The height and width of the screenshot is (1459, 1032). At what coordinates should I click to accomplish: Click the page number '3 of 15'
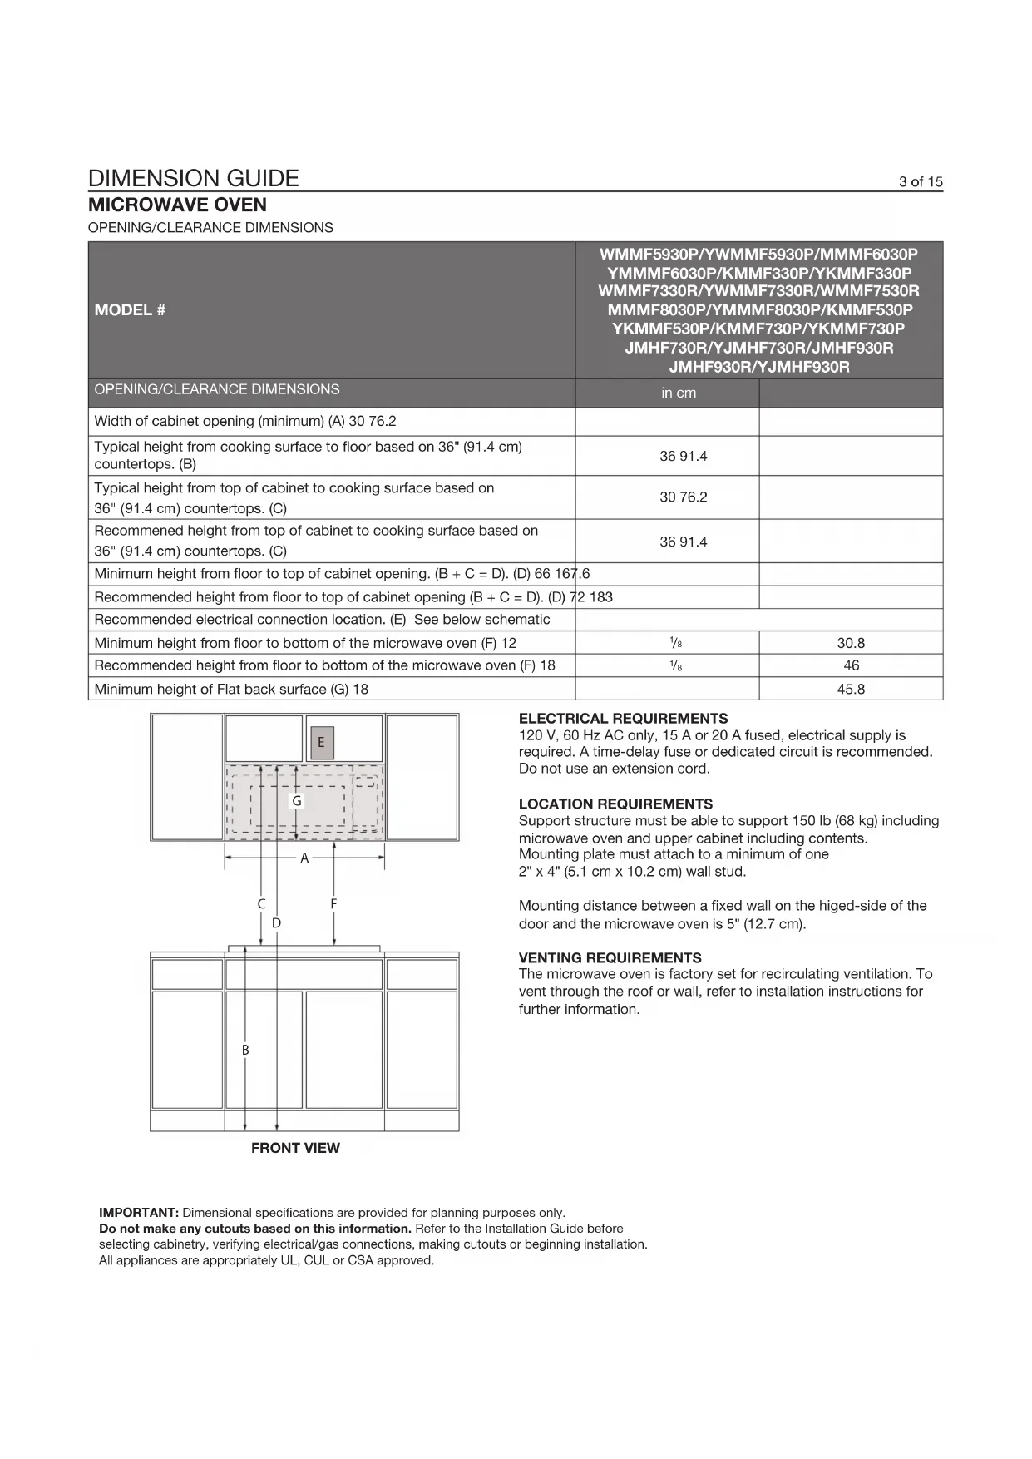921,182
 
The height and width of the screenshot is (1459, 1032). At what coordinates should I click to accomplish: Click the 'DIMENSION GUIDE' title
193,178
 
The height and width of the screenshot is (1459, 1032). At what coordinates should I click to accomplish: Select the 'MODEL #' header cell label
130,310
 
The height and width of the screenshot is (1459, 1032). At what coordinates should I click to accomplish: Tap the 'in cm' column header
679,393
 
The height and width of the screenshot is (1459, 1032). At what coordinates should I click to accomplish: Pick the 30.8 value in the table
851,643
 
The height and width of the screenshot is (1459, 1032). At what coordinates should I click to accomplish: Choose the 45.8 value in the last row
851,689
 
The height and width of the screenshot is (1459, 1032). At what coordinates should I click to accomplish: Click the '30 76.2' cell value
683,497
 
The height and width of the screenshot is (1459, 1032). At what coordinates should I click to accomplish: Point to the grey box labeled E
321,742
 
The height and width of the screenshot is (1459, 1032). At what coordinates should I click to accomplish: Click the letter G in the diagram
297,800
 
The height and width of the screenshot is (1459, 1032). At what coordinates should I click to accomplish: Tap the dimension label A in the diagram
304,858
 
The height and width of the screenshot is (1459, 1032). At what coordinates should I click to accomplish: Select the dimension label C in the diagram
261,903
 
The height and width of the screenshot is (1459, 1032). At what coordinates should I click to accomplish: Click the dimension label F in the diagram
333,903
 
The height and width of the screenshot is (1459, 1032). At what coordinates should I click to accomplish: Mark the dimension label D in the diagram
276,922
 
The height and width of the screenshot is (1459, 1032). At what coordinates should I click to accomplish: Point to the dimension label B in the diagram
245,1051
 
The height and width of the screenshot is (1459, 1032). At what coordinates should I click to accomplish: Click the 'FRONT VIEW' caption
295,1148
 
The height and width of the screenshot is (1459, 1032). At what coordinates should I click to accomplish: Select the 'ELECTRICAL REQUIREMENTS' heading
623,719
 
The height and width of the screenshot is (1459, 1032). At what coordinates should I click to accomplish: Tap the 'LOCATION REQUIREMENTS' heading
615,804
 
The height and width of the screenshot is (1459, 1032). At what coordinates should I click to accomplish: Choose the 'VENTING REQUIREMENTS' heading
610,958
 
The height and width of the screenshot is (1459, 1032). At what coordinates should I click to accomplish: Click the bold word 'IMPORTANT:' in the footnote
139,1213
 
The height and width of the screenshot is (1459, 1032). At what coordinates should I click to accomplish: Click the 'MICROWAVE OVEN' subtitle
177,205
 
